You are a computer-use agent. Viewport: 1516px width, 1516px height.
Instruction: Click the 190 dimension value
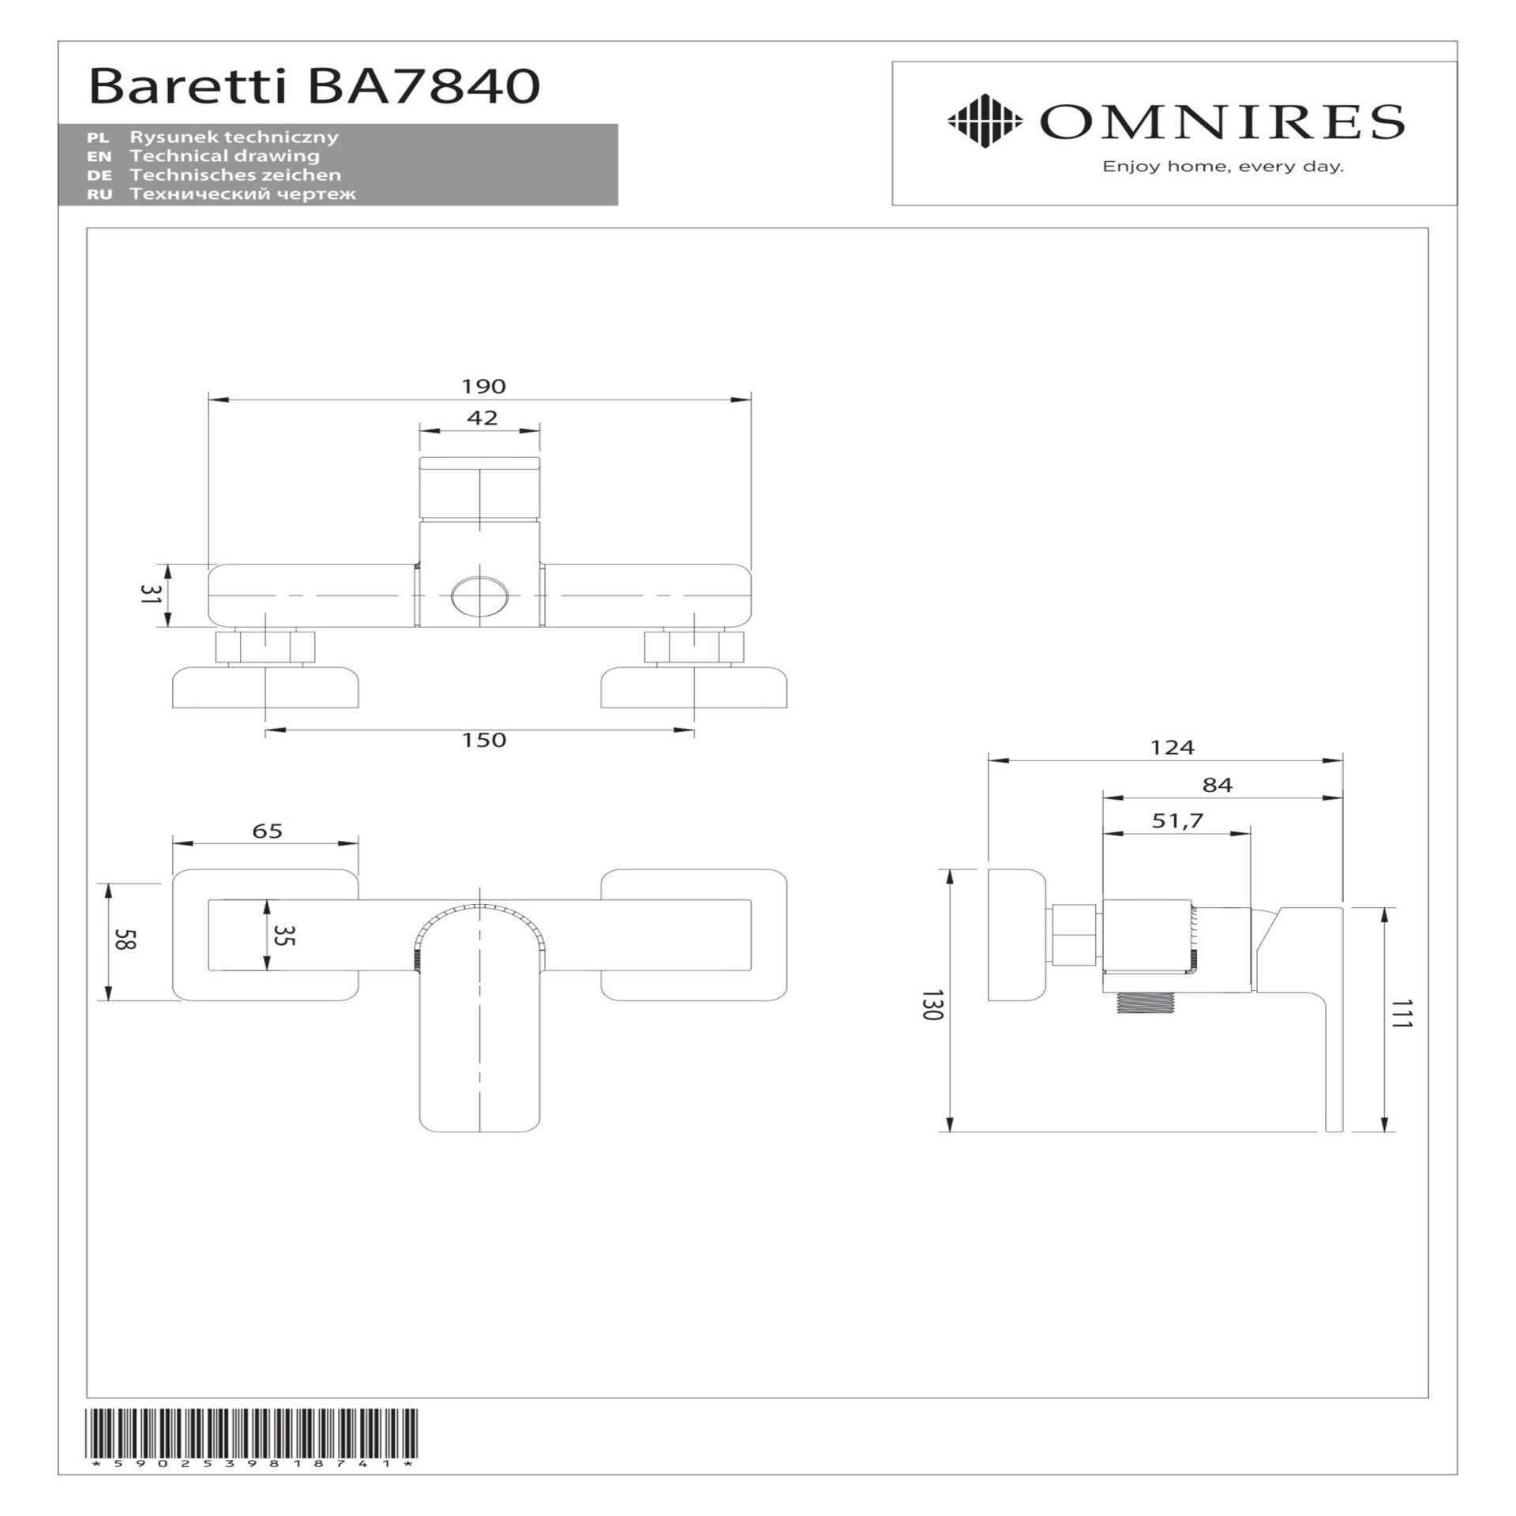pos(483,386)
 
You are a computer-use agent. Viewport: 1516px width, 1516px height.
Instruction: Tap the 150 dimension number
pos(484,740)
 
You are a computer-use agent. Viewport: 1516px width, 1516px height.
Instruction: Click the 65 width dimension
pos(268,831)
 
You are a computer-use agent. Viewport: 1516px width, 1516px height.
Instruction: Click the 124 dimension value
pos(1173,747)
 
